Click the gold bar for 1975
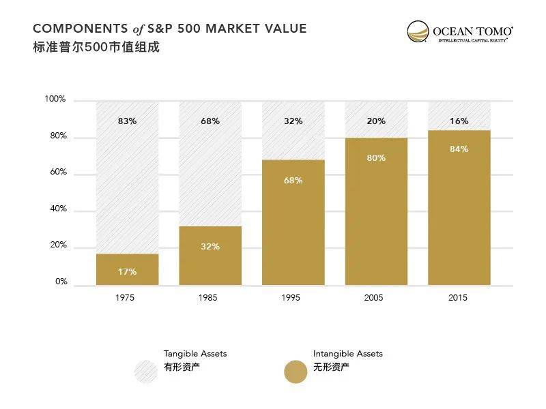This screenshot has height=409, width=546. click(x=127, y=269)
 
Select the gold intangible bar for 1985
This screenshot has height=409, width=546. click(x=210, y=256)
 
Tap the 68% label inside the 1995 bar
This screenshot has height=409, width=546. click(x=293, y=181)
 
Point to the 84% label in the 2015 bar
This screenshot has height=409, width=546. click(x=459, y=149)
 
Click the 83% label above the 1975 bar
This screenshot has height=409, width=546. click(x=127, y=121)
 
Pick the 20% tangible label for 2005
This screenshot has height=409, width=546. click(x=376, y=121)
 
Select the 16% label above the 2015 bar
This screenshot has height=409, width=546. click(x=459, y=121)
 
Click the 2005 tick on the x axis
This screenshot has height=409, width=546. click(x=373, y=298)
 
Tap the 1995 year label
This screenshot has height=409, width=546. click(x=291, y=298)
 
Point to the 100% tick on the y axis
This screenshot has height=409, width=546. click(x=55, y=100)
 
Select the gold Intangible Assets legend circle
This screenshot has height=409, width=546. click(x=296, y=372)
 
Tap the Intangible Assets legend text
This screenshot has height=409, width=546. click(x=347, y=354)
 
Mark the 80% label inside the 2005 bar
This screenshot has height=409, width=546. click(x=376, y=158)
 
